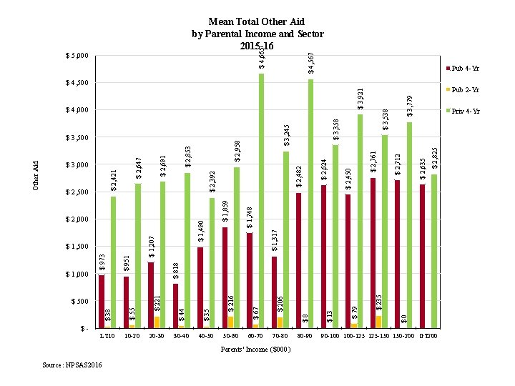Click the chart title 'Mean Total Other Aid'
(257, 23)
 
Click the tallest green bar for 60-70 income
(261, 201)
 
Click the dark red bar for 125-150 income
(373, 253)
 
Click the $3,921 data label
(361, 99)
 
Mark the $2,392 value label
(212, 181)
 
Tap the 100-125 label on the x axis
(355, 335)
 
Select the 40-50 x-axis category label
(206, 335)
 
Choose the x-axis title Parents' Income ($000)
(256, 349)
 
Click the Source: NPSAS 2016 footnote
(72, 365)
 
